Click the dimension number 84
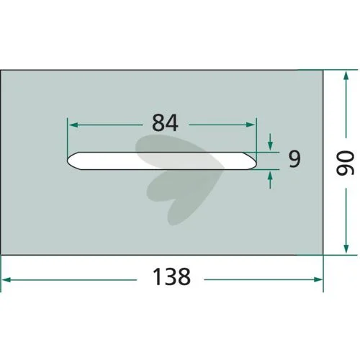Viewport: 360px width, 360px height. coord(165,122)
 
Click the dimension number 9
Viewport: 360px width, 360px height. coord(294,159)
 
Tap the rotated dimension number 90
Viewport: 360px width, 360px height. coord(345,163)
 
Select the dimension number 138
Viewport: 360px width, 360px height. coord(171,276)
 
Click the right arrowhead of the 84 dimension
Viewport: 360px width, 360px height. coord(251,125)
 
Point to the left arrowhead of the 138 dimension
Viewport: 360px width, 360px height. coord(6,279)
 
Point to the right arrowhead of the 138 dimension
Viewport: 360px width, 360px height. coord(318,279)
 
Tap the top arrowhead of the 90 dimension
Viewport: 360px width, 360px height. coord(346,76)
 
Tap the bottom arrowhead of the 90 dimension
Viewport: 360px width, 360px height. coord(346,248)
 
